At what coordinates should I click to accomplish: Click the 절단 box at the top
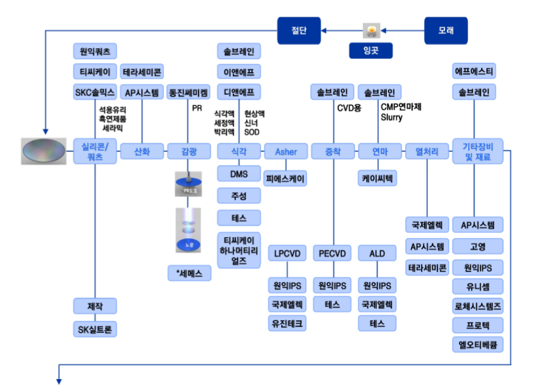[299, 30]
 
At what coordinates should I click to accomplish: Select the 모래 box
[446, 30]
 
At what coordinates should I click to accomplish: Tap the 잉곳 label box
[371, 51]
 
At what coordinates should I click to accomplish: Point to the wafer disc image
[44, 151]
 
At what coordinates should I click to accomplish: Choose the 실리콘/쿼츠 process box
[95, 151]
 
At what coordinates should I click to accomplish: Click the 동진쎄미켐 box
[189, 92]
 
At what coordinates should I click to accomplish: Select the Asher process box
[286, 151]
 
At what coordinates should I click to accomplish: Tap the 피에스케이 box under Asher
[285, 178]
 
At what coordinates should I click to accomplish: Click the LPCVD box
[287, 253]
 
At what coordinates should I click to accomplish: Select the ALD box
[377, 253]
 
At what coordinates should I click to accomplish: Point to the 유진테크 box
[287, 323]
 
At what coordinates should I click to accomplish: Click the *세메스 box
[189, 273]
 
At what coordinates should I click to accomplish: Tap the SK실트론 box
[95, 329]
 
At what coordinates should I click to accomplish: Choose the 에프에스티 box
[475, 72]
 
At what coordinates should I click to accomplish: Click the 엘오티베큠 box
[478, 344]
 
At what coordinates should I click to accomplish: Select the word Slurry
[391, 118]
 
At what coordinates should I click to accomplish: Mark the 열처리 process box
[427, 151]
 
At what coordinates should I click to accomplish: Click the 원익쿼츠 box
[95, 52]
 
